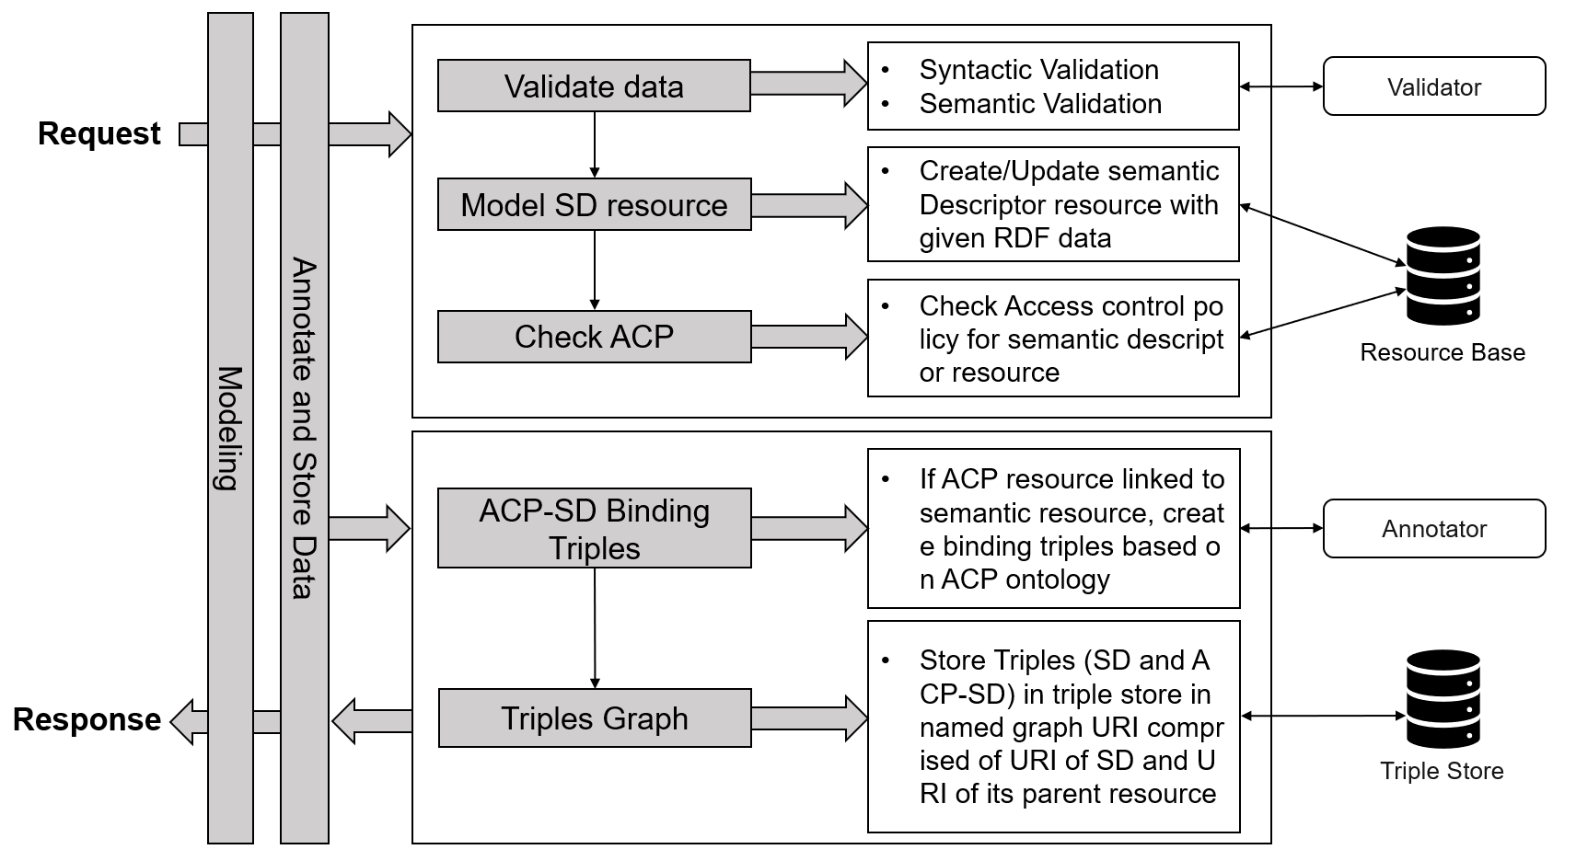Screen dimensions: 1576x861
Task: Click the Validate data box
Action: click(594, 86)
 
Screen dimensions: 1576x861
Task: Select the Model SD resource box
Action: click(594, 204)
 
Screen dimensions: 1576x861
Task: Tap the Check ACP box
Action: click(594, 337)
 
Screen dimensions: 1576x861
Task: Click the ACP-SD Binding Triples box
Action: click(594, 528)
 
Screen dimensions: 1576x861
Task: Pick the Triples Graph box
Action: click(595, 717)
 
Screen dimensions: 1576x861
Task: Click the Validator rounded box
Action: click(1434, 86)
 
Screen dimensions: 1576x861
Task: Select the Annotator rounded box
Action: click(1434, 529)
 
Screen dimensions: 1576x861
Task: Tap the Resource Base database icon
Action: click(1443, 276)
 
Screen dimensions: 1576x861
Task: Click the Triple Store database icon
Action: click(1443, 698)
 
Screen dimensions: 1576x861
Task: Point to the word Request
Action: click(99, 133)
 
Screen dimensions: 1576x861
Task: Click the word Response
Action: click(87, 719)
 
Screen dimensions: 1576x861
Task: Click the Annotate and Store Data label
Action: click(304, 428)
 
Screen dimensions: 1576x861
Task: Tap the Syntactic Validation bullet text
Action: click(1038, 70)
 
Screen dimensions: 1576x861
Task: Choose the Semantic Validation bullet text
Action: click(1040, 103)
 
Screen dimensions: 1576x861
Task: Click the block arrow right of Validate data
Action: click(809, 84)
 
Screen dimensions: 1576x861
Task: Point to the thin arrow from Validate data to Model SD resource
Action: click(595, 144)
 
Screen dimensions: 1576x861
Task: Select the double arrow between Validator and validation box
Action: click(1281, 86)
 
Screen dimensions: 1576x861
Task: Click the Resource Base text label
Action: click(1443, 352)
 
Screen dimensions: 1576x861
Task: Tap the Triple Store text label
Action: click(1442, 771)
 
